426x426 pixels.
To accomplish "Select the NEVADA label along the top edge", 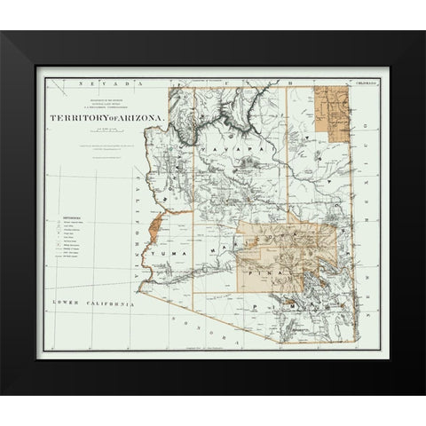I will (x=97, y=82).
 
